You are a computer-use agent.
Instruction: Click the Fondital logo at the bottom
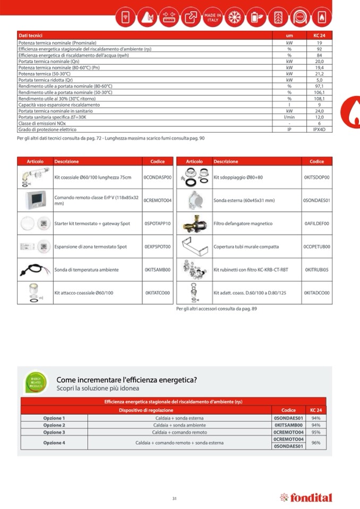point(306,498)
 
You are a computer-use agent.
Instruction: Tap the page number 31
point(174,498)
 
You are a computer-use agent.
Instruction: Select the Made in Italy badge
point(212,18)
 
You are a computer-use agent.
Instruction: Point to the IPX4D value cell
point(319,130)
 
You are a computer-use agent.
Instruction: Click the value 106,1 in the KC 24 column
point(319,92)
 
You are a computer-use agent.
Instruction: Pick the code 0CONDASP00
point(158,177)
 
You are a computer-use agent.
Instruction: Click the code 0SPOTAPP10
point(158,224)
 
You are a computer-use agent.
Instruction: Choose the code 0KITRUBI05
point(316,270)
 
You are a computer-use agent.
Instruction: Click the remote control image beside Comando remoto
point(36,200)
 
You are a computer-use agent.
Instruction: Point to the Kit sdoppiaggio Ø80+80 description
point(238,177)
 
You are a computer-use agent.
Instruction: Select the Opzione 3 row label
point(54,432)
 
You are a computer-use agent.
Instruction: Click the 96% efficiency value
point(316,443)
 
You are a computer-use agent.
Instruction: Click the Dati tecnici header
point(30,35)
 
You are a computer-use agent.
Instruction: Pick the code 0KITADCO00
point(316,293)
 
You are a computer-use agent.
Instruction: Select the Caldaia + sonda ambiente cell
point(179,425)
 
